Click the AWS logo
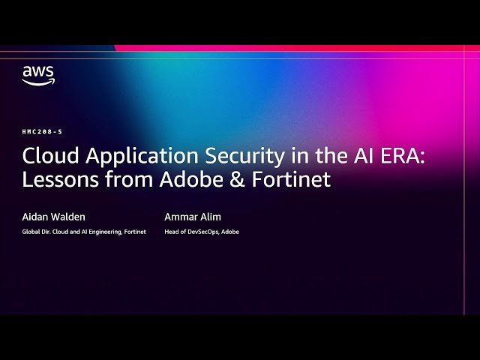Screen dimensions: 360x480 [37, 75]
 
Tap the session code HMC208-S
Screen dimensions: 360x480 [42, 131]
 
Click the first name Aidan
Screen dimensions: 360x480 [36, 217]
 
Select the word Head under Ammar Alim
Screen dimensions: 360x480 [172, 232]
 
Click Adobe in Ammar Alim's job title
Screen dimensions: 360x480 [229, 232]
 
